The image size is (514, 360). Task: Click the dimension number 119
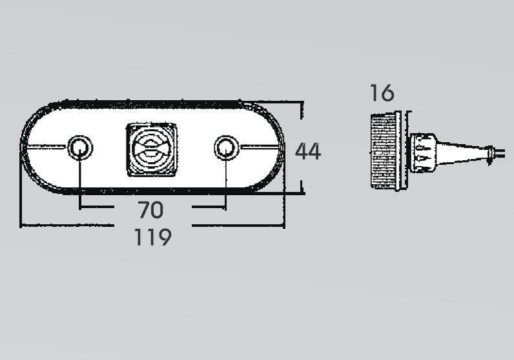[153, 237]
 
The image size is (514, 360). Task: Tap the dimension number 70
[150, 210]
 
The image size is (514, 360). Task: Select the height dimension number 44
[308, 151]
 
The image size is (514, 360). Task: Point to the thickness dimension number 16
[382, 93]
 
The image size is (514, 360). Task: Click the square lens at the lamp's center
[152, 150]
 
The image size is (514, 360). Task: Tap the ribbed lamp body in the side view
[384, 151]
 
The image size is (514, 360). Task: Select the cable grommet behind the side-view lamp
[424, 153]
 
